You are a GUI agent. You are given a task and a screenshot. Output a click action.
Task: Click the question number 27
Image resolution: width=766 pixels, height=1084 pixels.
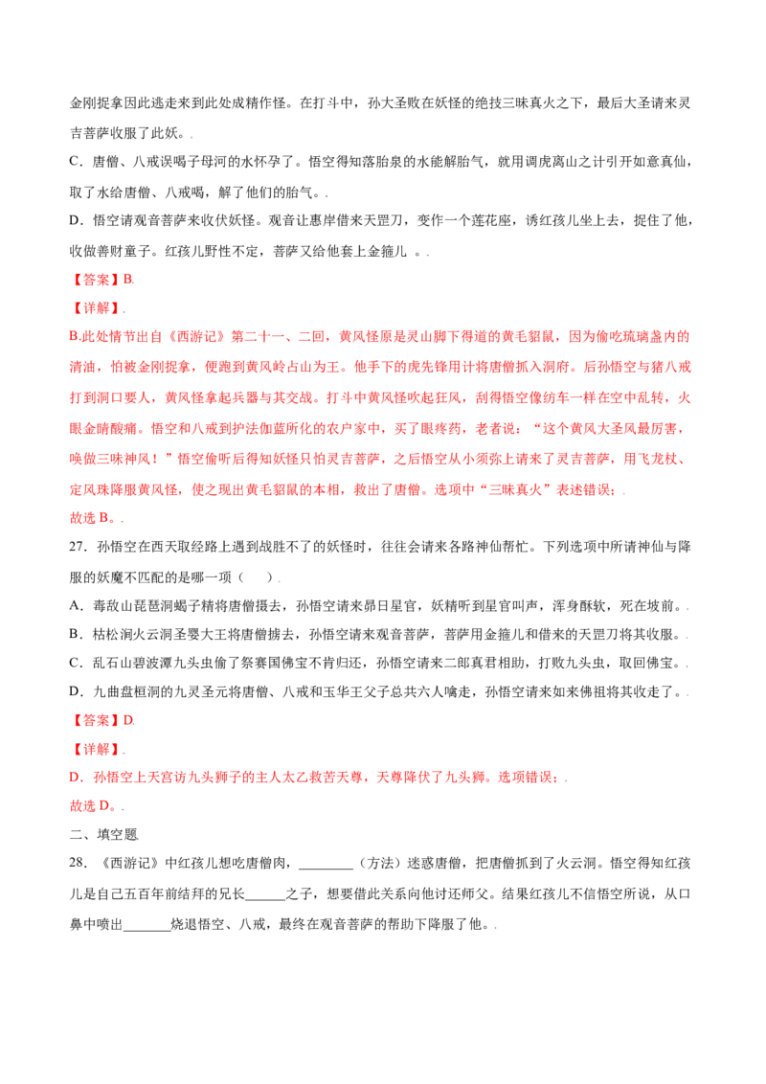click(x=78, y=547)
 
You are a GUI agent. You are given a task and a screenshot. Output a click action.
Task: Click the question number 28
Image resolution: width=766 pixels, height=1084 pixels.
click(x=78, y=864)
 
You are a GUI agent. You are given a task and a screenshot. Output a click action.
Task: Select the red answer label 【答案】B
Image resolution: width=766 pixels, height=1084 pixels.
click(x=101, y=280)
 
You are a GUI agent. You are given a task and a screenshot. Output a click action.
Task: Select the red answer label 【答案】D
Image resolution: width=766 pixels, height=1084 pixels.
click(x=101, y=720)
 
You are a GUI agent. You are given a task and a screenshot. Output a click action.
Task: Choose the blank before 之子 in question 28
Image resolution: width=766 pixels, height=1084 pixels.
click(x=265, y=894)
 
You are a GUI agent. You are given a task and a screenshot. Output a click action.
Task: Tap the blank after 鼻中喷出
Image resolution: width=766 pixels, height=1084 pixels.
click(x=147, y=925)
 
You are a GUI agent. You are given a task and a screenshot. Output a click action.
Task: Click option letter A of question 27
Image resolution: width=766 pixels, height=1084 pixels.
click(x=76, y=606)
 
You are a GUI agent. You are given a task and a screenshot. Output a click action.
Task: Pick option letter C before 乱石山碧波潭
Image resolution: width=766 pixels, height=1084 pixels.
click(x=76, y=663)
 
